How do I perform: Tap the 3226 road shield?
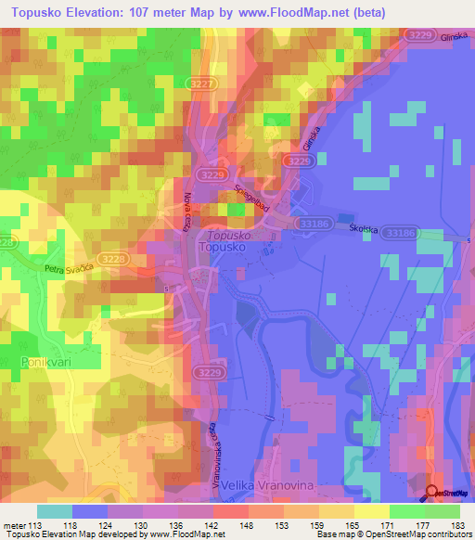pos(298,161)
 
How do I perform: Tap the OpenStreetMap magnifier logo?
pos(431,493)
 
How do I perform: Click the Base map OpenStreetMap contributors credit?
pos(392,534)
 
